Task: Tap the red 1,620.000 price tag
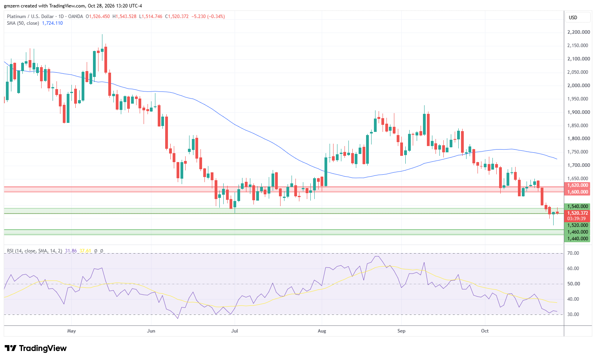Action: point(577,185)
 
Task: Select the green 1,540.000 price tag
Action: point(577,206)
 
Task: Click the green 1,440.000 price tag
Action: point(577,239)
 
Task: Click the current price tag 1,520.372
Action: point(577,213)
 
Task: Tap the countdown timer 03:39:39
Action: point(576,219)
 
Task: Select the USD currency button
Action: point(573,18)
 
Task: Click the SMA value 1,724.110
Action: point(53,23)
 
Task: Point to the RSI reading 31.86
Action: point(71,251)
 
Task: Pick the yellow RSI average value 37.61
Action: point(85,251)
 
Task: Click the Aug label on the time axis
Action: point(322,331)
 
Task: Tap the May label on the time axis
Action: point(71,331)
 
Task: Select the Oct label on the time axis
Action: point(485,331)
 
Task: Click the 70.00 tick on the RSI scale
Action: point(573,253)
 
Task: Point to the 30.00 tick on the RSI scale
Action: point(573,314)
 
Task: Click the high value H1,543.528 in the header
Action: point(124,16)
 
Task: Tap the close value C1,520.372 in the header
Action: point(177,16)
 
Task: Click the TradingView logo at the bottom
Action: point(36,348)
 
